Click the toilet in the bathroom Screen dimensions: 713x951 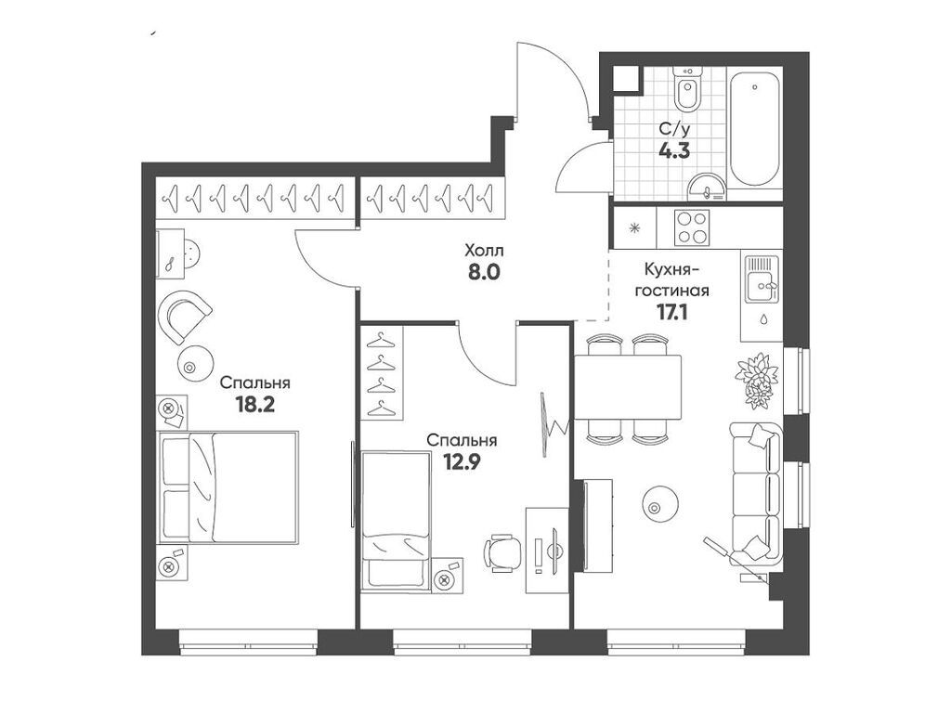coord(687,93)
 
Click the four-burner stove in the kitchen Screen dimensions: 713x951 coord(691,227)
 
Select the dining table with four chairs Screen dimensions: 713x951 coord(628,388)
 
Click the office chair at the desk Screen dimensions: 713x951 coord(501,552)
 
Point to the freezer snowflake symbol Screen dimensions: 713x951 coord(634,227)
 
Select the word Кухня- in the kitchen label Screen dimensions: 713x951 coord(672,269)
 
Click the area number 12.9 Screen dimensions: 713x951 coord(461,463)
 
